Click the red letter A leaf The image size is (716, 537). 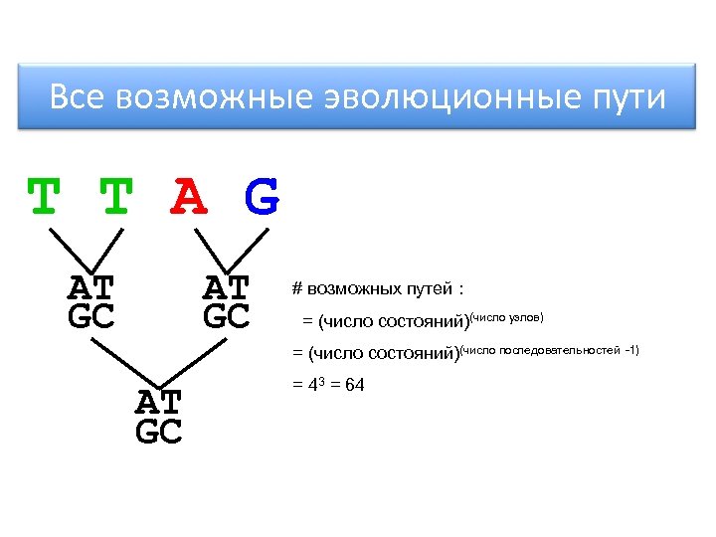pos(189,198)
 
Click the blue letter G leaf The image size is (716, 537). pos(262,198)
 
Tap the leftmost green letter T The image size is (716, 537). pos(42,198)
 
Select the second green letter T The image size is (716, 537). pos(116,198)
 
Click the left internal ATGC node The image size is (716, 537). pos(90,302)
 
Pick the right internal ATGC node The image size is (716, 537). pos(227,302)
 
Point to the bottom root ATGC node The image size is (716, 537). pos(158,417)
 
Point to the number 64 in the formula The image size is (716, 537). pos(354,385)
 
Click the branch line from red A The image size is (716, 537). pos(209,249)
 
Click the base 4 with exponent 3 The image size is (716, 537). pos(309,386)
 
